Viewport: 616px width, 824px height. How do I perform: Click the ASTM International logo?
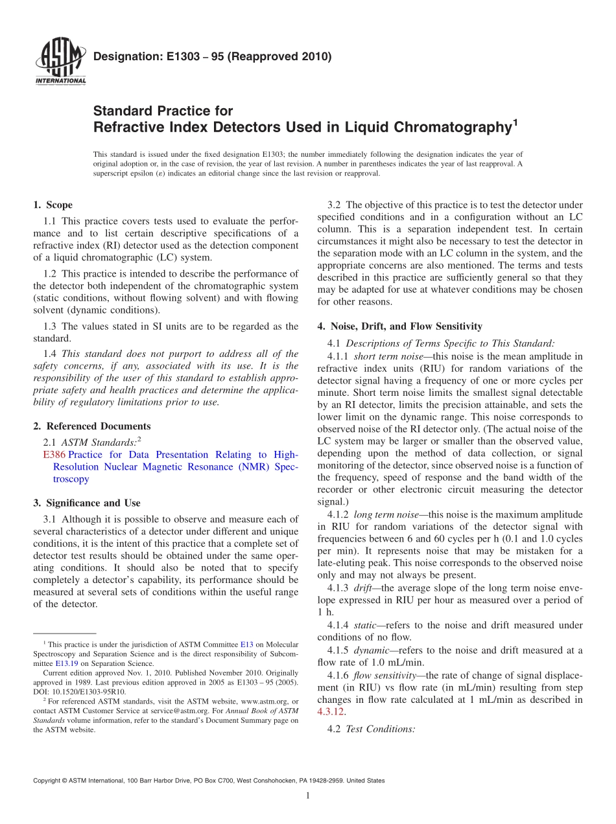pyautogui.click(x=59, y=62)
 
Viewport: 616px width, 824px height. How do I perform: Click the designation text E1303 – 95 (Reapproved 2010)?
pyautogui.click(x=212, y=56)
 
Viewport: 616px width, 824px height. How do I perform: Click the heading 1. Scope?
pyautogui.click(x=53, y=205)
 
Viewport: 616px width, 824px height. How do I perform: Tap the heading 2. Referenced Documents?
pyautogui.click(x=91, y=426)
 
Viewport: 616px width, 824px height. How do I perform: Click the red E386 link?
pyautogui.click(x=53, y=455)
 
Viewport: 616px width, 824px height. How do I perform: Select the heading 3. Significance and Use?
pyautogui.click(x=86, y=503)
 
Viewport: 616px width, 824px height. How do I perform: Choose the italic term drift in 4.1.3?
pyautogui.click(x=364, y=588)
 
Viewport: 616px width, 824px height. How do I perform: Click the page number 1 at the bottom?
pyautogui.click(x=308, y=795)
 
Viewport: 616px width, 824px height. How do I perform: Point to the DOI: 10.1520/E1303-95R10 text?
pyautogui.click(x=80, y=691)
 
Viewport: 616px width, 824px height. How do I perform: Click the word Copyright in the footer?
pyautogui.click(x=48, y=781)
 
